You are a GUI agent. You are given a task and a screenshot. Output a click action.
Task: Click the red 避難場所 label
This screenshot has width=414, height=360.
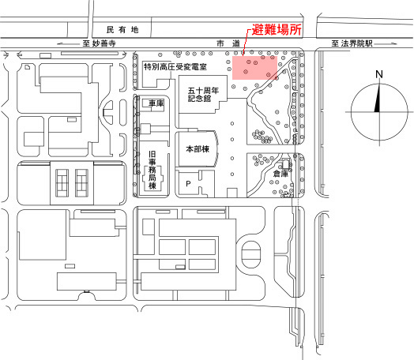point(277,29)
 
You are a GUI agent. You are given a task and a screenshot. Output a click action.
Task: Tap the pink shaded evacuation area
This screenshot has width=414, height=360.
point(254,68)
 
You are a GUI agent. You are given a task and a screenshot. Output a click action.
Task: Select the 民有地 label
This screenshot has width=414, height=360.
point(122,30)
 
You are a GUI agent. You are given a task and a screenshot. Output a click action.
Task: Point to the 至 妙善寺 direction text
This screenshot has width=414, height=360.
point(99,43)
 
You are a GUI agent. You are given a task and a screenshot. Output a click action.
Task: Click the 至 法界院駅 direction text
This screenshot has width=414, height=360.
point(352,43)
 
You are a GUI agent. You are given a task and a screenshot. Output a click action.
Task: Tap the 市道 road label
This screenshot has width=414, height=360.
point(228,43)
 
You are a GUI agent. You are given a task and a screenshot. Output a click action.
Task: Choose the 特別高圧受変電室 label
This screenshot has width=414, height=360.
point(175,67)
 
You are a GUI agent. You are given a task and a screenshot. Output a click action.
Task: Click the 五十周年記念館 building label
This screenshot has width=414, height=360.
point(203,95)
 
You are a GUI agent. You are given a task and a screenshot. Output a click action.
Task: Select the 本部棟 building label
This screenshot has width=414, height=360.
point(198,149)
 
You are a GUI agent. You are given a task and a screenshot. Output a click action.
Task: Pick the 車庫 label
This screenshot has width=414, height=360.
point(156,103)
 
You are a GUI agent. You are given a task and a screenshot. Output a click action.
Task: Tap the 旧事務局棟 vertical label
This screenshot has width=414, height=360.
point(152,170)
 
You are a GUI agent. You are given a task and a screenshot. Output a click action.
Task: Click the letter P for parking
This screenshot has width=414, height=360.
point(188,184)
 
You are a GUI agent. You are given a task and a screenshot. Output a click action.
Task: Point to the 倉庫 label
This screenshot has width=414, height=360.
point(280,174)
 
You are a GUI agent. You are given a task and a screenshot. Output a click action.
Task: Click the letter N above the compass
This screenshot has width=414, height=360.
point(379,74)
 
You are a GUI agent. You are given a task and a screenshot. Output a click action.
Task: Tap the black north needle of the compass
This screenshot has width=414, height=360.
point(378,98)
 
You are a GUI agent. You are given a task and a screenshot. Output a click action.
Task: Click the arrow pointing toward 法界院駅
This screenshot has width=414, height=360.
point(386,43)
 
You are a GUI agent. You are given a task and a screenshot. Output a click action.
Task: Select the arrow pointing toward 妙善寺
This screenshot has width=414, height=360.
point(69,43)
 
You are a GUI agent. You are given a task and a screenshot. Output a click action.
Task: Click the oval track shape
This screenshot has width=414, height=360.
point(250,254)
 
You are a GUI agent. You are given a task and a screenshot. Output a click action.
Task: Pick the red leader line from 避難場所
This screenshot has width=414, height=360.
point(245,42)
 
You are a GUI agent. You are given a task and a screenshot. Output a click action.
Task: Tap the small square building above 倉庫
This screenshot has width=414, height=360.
point(286,164)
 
